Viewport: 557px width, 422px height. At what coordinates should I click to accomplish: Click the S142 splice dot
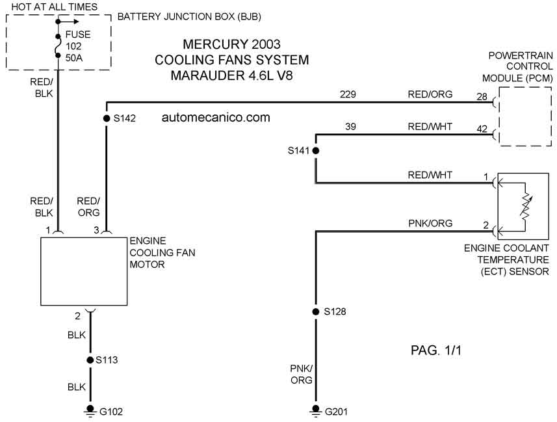[106, 118]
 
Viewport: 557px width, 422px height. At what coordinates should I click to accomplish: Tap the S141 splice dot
[315, 151]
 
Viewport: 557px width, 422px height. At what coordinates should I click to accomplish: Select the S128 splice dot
[315, 312]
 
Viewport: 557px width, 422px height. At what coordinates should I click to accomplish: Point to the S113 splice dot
[90, 360]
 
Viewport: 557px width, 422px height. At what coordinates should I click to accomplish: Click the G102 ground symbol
[90, 411]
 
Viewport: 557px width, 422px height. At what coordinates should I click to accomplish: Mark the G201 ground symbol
[315, 411]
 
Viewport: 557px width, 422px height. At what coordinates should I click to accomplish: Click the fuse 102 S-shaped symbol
[58, 46]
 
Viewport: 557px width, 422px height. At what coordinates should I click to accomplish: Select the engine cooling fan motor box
[84, 271]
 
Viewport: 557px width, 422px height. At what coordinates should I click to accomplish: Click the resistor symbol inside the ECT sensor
[525, 206]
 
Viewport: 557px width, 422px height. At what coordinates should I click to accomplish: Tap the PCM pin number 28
[482, 97]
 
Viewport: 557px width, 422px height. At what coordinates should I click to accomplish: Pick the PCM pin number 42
[482, 129]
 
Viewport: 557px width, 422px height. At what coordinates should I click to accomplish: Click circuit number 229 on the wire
[348, 94]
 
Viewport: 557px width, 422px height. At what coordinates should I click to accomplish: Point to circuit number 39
[350, 127]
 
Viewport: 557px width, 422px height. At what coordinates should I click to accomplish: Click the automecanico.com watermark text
[216, 117]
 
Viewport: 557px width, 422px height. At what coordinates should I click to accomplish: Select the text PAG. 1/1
[436, 350]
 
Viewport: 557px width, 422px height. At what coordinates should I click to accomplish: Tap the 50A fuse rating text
[74, 58]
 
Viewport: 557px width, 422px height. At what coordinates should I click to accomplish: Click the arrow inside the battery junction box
[68, 21]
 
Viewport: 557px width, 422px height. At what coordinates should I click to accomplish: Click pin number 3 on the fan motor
[96, 230]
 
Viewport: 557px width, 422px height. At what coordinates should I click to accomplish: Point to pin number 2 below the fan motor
[77, 316]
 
